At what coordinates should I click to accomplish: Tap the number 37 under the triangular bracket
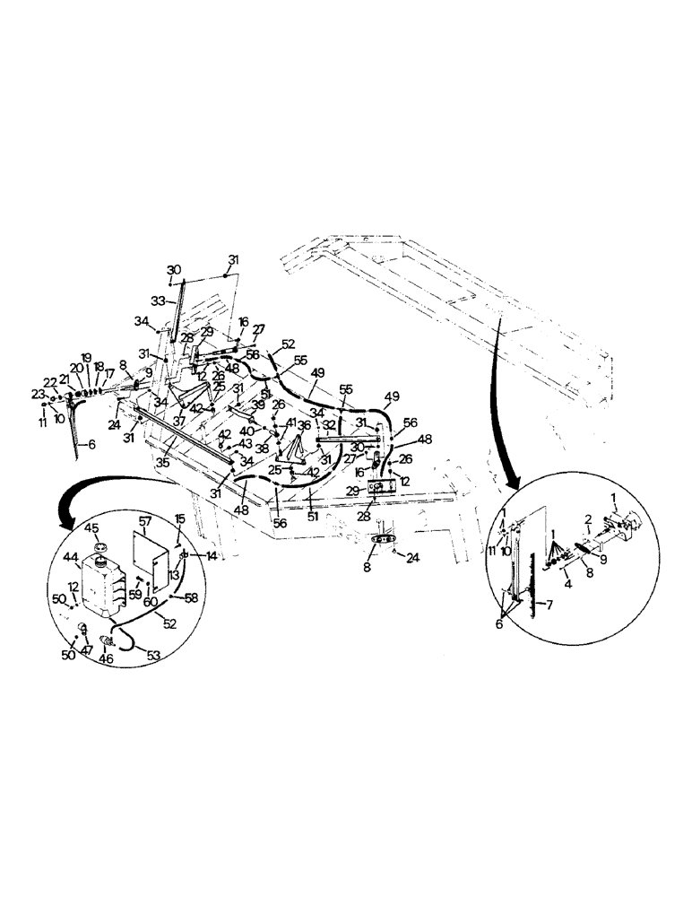(179, 421)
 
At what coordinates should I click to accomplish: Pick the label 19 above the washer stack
(86, 357)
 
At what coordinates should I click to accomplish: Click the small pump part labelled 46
(108, 640)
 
